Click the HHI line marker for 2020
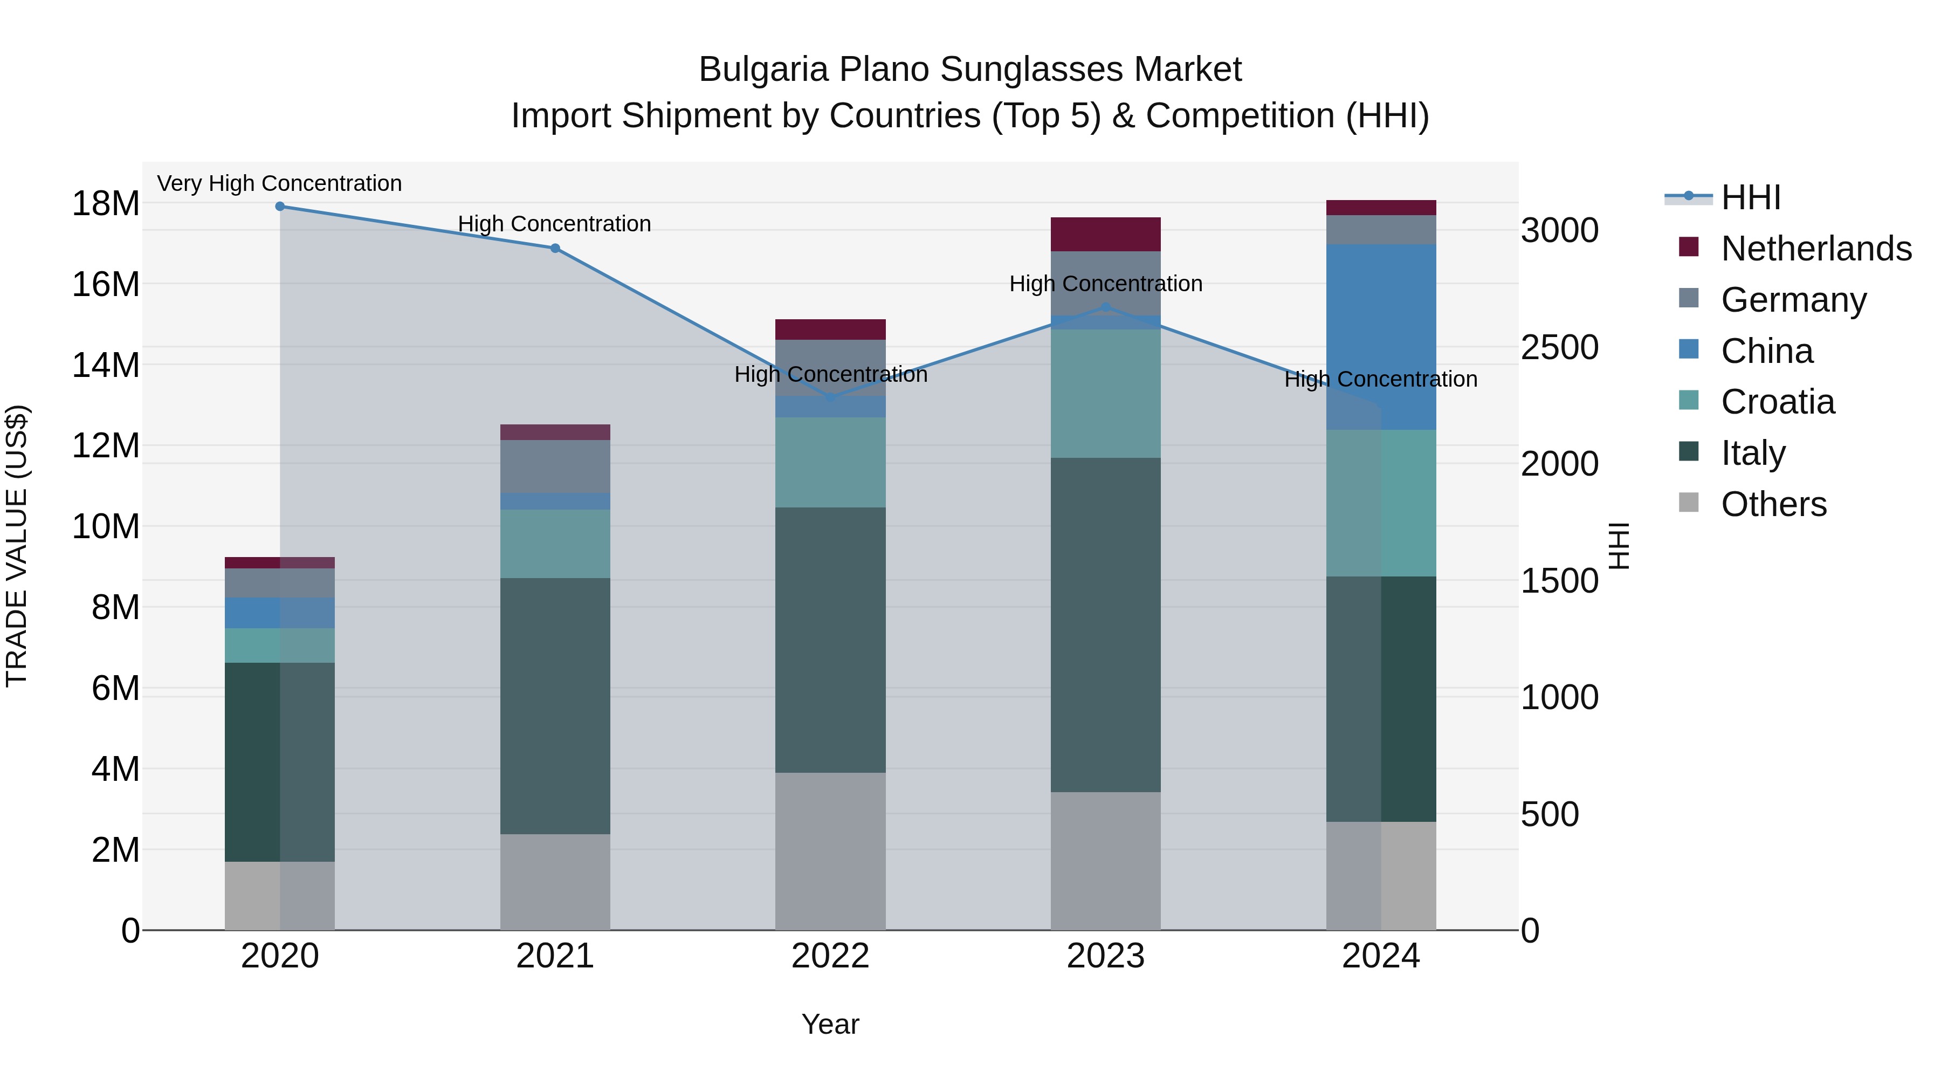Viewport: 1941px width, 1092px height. click(x=279, y=207)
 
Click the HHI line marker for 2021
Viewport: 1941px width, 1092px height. click(x=555, y=248)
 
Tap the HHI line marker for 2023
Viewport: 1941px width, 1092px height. click(x=1105, y=307)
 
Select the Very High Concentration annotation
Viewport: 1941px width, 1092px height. click(x=279, y=184)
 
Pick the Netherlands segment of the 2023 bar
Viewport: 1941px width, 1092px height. click(x=1105, y=235)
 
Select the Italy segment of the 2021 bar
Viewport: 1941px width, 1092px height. click(x=555, y=705)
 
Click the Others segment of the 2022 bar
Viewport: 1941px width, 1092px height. click(x=830, y=851)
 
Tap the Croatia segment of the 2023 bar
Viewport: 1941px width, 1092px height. click(x=1105, y=394)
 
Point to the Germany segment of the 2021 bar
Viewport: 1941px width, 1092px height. click(x=555, y=466)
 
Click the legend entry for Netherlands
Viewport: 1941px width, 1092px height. click(x=1816, y=249)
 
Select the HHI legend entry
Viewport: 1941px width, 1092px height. click(x=1750, y=197)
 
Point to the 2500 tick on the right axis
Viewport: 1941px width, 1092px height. click(x=1559, y=347)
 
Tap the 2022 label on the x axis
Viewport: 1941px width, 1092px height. click(x=830, y=956)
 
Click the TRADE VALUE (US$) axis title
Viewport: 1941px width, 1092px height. click(x=17, y=546)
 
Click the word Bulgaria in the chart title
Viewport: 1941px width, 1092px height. click(x=763, y=70)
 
